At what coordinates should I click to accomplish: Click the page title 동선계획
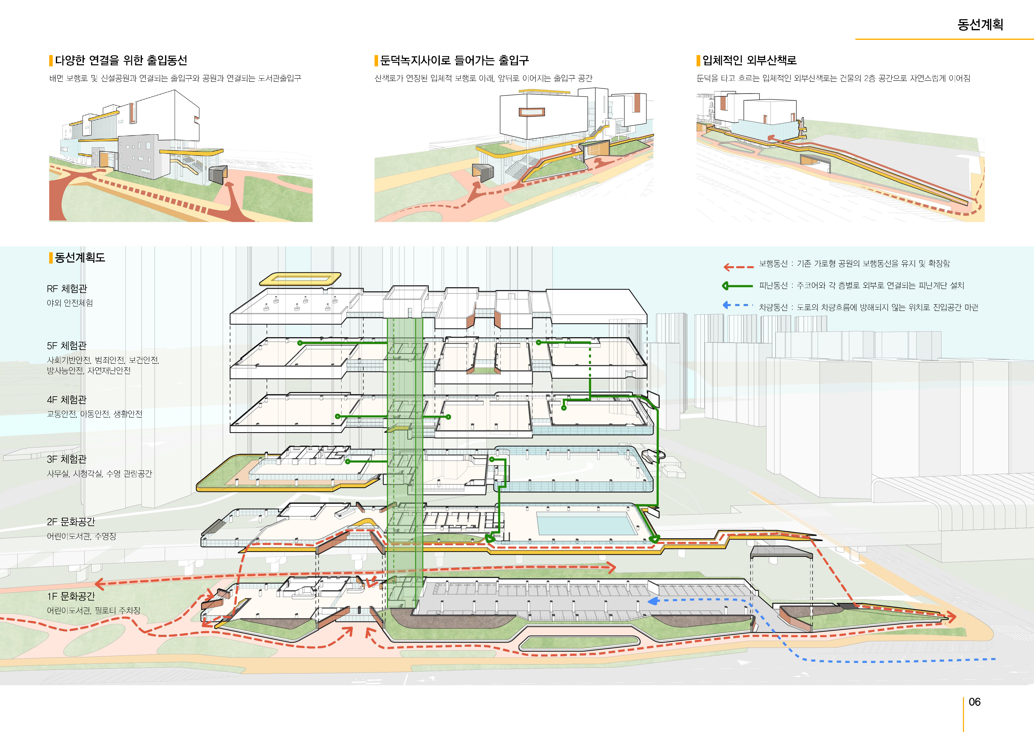980,24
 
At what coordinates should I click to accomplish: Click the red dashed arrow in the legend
738,267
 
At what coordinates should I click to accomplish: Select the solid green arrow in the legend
737,286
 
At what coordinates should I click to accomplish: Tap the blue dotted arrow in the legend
737,306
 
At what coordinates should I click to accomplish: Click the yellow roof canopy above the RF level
300,279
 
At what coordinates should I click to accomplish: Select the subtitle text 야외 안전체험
70,303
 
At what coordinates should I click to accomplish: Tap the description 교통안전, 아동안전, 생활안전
95,414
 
